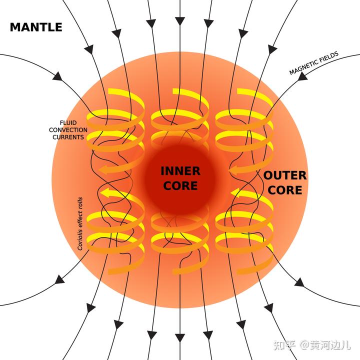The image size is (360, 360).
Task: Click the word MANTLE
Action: click(36, 27)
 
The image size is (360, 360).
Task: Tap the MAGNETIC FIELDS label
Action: click(314, 63)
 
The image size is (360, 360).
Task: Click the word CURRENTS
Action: click(68, 136)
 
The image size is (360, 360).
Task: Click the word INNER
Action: click(180, 171)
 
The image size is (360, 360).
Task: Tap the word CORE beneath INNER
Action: click(180, 186)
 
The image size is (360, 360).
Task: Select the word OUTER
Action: click(284, 176)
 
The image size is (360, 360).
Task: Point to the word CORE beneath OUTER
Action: click(284, 190)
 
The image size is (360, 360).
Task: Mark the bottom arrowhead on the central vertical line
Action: click(179, 334)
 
